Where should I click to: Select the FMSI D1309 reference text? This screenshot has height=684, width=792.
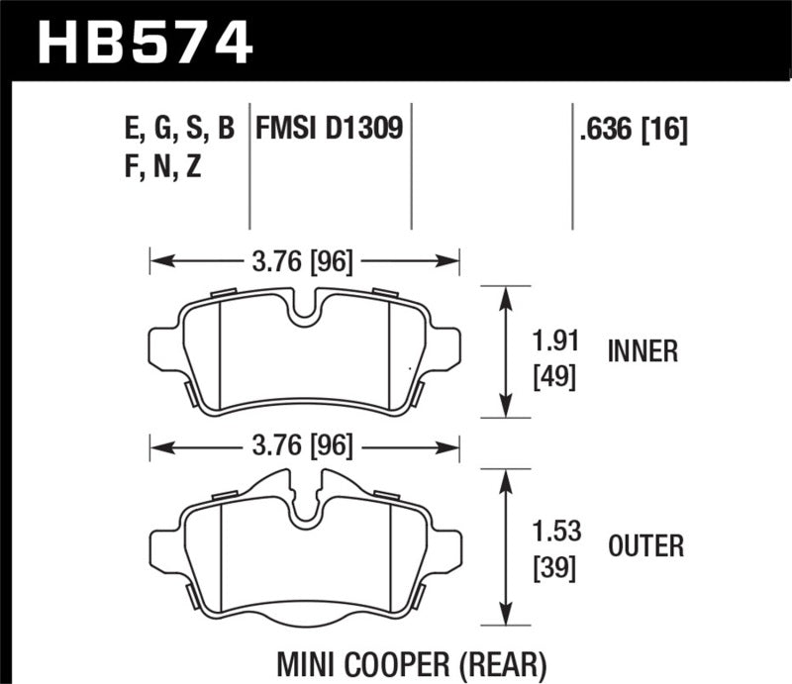[329, 130]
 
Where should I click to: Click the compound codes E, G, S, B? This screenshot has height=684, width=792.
[174, 130]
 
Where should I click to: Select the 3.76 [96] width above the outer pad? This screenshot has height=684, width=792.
[304, 446]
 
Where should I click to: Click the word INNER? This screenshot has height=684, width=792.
[643, 351]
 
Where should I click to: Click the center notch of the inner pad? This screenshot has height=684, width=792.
[304, 312]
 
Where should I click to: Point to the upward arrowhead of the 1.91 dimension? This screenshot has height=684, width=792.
[507, 294]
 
